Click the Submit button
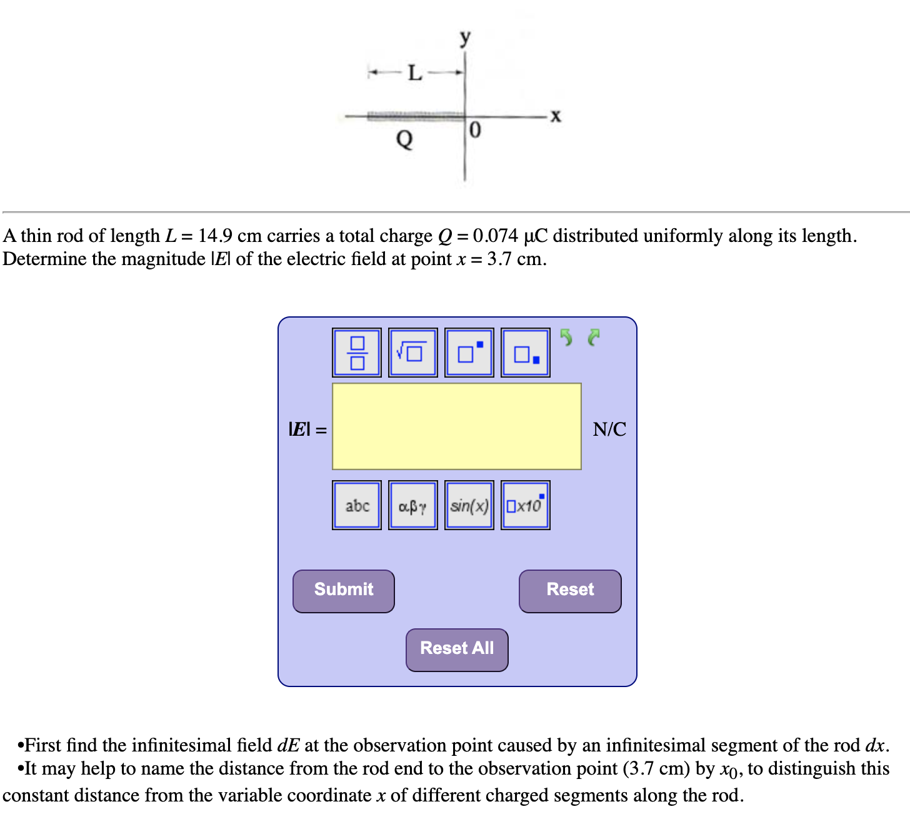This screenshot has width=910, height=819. point(344,591)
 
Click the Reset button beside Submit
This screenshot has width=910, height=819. point(570,591)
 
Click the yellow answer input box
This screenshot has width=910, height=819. point(457,426)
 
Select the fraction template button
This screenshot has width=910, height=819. point(357,353)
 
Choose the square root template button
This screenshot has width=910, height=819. point(412,353)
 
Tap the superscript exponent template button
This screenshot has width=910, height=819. point(469,353)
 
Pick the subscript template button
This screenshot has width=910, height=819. point(526,353)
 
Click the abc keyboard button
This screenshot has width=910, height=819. point(357,505)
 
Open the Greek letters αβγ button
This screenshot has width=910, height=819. point(412,505)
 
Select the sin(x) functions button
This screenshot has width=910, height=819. point(469,505)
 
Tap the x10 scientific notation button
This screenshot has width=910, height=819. point(526,505)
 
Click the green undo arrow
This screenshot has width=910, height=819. point(566,338)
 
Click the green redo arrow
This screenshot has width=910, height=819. point(594,338)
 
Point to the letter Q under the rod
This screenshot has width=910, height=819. point(405,138)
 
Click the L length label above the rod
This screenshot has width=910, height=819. point(415,73)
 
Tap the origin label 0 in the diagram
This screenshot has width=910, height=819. point(475,130)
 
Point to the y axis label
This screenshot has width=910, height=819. point(464,38)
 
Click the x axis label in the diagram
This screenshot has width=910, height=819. point(556,116)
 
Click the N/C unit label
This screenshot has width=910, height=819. point(609,429)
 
